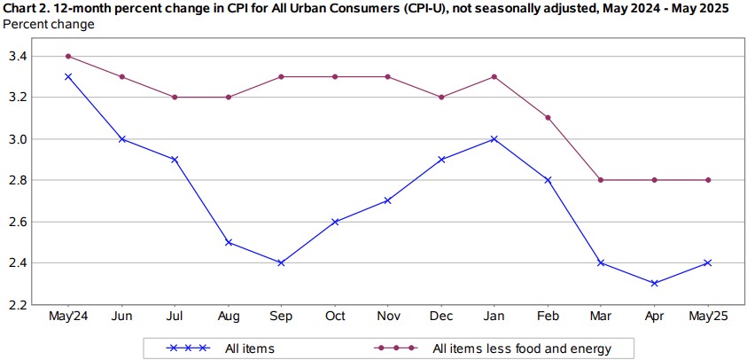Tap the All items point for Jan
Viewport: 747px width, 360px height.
click(x=494, y=138)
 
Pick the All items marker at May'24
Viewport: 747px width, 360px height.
click(x=68, y=76)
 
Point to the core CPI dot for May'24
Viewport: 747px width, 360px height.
click(x=68, y=56)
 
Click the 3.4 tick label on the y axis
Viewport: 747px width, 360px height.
click(x=17, y=57)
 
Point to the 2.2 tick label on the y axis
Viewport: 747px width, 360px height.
click(x=17, y=304)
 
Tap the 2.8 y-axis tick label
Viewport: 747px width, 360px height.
click(x=17, y=180)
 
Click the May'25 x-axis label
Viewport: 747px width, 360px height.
click(x=709, y=317)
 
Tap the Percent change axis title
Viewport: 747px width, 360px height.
click(x=49, y=24)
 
